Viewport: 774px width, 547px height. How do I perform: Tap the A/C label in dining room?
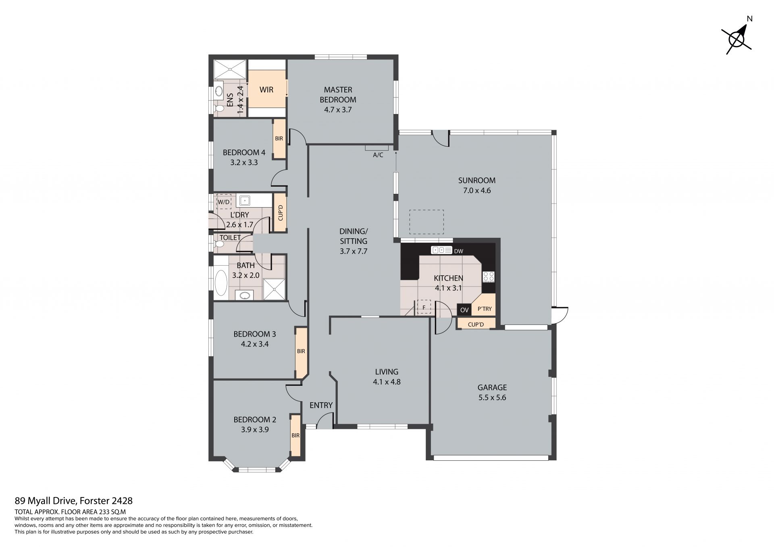[378, 155]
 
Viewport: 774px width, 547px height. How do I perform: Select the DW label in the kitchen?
[458, 251]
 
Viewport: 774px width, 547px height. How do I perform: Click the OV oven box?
[464, 310]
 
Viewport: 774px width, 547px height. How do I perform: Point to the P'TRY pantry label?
[484, 309]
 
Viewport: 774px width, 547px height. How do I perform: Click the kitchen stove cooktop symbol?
[489, 277]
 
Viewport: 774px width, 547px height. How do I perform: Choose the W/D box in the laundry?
[224, 202]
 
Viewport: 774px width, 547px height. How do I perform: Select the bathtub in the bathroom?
[221, 283]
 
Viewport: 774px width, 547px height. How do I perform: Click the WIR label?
[266, 89]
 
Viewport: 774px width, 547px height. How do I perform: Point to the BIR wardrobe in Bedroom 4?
[279, 138]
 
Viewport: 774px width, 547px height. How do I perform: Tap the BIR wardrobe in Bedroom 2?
[295, 435]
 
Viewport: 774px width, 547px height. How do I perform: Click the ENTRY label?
[321, 405]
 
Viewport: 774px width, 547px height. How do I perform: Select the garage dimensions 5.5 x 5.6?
[492, 397]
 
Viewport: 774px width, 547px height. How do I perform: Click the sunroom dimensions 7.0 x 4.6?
[477, 190]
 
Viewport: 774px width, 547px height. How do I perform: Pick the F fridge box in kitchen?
[424, 307]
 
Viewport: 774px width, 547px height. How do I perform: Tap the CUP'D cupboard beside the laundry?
[281, 213]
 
